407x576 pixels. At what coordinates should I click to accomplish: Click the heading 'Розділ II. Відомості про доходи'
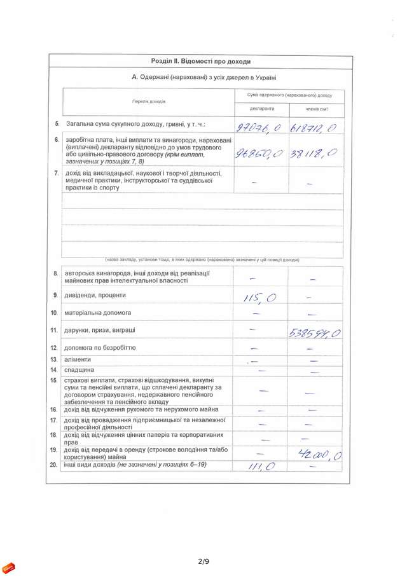pyautogui.click(x=200, y=62)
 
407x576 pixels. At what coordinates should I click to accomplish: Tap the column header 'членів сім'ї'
pyautogui.click(x=317, y=109)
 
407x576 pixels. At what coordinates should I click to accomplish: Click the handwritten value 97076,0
pyautogui.click(x=258, y=128)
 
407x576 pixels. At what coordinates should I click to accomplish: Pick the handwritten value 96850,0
pyautogui.click(x=259, y=153)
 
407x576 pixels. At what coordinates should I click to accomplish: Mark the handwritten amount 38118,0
pyautogui.click(x=312, y=153)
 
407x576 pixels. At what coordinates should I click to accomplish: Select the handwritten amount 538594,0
pyautogui.click(x=315, y=333)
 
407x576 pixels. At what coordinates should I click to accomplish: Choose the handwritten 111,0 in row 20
pyautogui.click(x=261, y=467)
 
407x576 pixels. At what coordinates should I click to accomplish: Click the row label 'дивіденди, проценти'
pyautogui.click(x=95, y=296)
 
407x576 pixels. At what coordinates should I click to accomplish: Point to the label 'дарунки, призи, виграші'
pyautogui.click(x=99, y=331)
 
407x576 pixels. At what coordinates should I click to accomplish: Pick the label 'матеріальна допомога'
pyautogui.click(x=97, y=313)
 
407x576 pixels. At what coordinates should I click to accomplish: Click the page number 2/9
pyautogui.click(x=203, y=561)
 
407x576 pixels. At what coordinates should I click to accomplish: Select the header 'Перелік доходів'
pyautogui.click(x=149, y=102)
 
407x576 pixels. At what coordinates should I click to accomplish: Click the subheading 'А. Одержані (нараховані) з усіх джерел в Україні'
pyautogui.click(x=204, y=77)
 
